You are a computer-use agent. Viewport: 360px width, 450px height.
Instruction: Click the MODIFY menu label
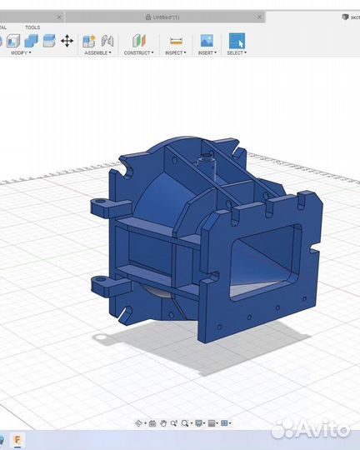(19, 52)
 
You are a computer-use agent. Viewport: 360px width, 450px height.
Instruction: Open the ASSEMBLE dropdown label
(97, 52)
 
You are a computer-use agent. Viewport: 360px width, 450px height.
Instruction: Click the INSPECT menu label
(175, 52)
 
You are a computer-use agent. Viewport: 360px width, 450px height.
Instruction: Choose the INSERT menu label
(206, 52)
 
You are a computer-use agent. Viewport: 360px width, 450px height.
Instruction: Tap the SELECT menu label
(236, 52)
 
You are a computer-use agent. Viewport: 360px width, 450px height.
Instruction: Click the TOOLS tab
(32, 27)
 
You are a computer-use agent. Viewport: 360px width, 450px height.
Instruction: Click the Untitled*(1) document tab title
(165, 17)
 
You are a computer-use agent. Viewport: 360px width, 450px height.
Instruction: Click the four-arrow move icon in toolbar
(67, 41)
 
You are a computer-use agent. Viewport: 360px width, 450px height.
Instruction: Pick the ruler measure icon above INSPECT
(176, 41)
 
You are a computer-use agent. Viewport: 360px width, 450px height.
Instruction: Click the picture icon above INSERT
(207, 40)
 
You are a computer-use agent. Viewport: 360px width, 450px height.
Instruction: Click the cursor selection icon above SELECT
(237, 40)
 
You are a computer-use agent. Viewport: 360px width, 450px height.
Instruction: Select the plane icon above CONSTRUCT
(138, 41)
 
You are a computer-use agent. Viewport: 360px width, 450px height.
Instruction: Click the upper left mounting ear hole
(97, 202)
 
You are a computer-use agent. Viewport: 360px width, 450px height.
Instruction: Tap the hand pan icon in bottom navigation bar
(164, 423)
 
